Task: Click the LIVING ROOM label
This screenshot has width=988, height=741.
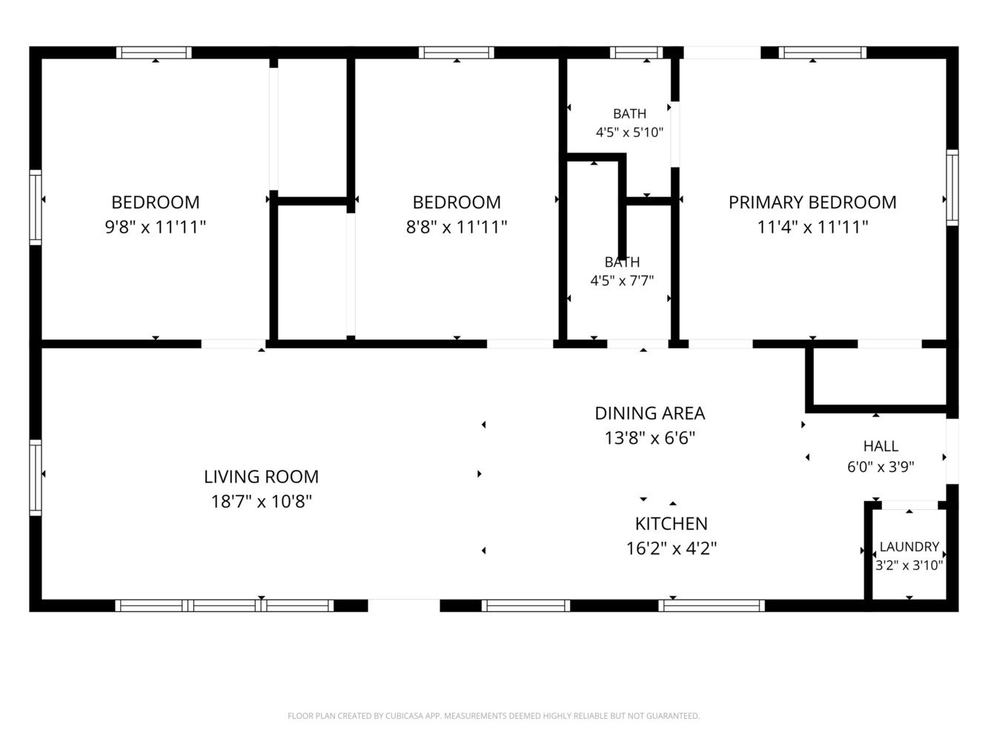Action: (x=261, y=476)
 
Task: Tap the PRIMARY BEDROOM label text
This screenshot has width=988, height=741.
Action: (x=812, y=202)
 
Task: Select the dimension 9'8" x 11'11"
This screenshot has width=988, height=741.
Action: (x=156, y=227)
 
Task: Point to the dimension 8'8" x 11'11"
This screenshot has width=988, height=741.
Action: (x=457, y=227)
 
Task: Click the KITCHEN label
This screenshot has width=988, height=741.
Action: (x=671, y=524)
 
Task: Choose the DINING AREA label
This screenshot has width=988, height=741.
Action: (x=650, y=413)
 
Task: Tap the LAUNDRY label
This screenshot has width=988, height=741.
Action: (x=909, y=547)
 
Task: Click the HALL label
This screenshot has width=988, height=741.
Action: (x=881, y=446)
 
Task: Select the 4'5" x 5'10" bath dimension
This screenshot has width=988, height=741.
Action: (x=630, y=133)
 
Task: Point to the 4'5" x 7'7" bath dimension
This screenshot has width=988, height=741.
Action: (x=622, y=281)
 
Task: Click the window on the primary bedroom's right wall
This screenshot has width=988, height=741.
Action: (x=952, y=187)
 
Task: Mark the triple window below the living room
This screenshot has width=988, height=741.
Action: (x=225, y=605)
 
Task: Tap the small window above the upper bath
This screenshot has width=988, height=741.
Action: (x=636, y=53)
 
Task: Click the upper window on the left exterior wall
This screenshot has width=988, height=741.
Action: (x=36, y=207)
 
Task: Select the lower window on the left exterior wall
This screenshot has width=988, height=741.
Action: (x=36, y=477)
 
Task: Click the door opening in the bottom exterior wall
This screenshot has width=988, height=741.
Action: (x=404, y=605)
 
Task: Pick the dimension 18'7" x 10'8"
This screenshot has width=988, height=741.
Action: (x=261, y=501)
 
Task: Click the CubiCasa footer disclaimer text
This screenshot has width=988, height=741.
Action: (x=494, y=716)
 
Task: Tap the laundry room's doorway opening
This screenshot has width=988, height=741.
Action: (x=909, y=505)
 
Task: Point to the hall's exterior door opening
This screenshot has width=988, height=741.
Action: (x=952, y=451)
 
